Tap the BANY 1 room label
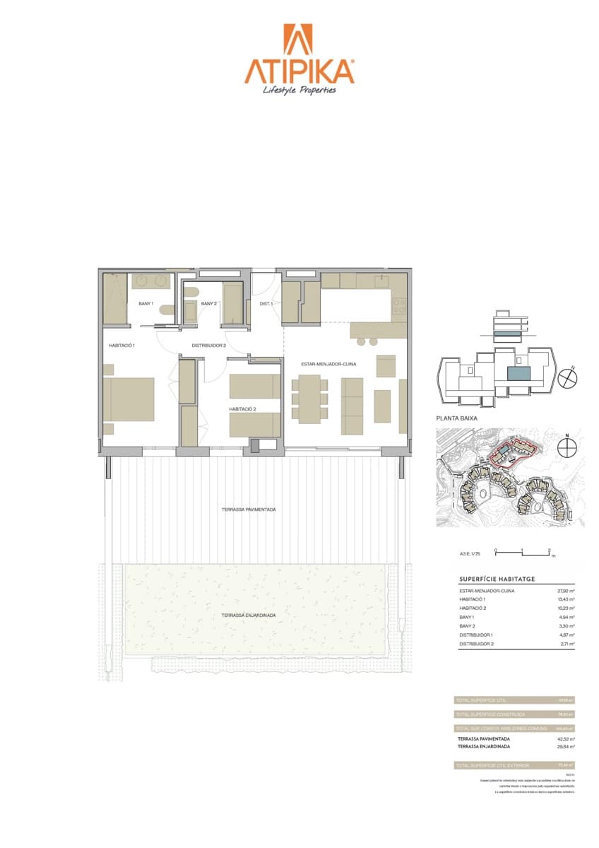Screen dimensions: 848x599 point(147,303)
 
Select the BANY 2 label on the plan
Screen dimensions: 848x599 point(208,304)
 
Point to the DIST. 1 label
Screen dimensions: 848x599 point(266,304)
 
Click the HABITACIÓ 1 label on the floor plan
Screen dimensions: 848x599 point(122,346)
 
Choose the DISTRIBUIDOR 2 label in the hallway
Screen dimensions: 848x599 point(209,346)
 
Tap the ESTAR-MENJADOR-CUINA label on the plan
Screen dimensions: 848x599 point(328,364)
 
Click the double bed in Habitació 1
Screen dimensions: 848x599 point(129,399)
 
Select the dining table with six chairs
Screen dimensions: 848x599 point(309,399)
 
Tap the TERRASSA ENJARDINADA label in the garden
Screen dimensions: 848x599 point(248,615)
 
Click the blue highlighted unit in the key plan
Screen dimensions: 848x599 point(519,375)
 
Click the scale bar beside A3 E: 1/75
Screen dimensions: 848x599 point(523,552)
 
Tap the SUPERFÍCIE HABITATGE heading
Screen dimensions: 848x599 point(497,579)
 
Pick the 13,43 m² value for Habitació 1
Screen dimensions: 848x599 point(566,599)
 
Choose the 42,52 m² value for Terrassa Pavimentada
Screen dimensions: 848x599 point(566,738)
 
